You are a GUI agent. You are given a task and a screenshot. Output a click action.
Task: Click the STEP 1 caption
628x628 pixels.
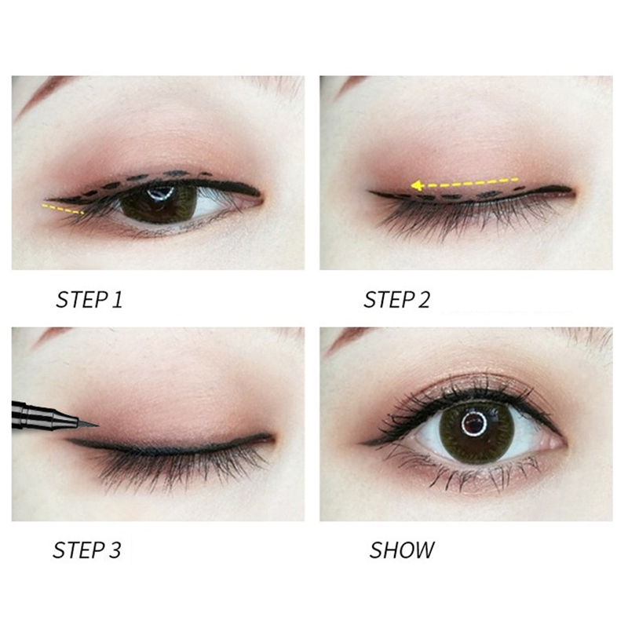89,300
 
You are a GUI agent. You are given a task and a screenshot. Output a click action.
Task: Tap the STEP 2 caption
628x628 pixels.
396,300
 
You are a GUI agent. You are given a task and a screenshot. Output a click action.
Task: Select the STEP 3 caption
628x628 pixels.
86,550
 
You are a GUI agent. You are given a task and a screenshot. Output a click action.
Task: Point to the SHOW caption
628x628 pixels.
402,550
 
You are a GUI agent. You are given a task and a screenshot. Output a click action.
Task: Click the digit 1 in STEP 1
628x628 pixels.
117,300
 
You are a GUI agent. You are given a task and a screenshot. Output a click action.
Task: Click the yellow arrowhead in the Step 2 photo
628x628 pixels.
417,185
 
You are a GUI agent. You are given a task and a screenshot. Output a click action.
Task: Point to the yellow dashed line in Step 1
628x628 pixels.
63,209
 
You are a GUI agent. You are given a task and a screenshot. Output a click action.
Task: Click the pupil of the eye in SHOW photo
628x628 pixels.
474,423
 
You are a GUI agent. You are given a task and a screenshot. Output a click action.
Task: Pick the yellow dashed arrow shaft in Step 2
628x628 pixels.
470,183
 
